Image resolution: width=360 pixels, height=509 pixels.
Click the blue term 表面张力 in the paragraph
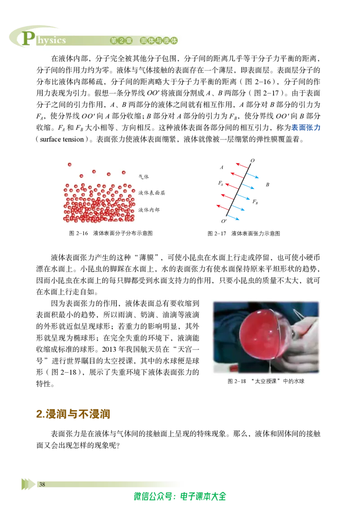tap(306, 128)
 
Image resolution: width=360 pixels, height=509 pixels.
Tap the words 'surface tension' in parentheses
tap(62, 139)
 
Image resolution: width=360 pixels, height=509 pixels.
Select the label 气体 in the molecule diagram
tap(144, 177)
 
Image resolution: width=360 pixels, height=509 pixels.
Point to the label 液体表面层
tap(152, 193)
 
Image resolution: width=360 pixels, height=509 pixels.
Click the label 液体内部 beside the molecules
tap(149, 210)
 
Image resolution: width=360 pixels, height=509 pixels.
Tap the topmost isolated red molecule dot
tap(70, 165)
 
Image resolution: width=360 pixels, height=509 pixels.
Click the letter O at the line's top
tap(252, 161)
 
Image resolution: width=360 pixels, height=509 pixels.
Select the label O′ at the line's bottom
tap(224, 221)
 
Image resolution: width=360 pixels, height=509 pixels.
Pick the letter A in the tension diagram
tap(221, 168)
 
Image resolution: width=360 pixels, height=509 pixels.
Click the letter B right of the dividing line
tap(267, 185)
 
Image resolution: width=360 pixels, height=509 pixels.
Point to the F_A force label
tap(220, 183)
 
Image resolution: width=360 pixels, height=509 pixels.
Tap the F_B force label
tap(255, 202)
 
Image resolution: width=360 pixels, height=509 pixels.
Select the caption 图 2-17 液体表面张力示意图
tap(244, 233)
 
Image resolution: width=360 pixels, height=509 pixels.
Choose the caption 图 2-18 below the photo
tap(266, 381)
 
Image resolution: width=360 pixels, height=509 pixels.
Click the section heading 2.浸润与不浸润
tap(73, 414)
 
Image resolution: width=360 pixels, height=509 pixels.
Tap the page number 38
tap(42, 484)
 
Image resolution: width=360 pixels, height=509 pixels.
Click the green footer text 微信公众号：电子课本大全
tap(180, 496)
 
